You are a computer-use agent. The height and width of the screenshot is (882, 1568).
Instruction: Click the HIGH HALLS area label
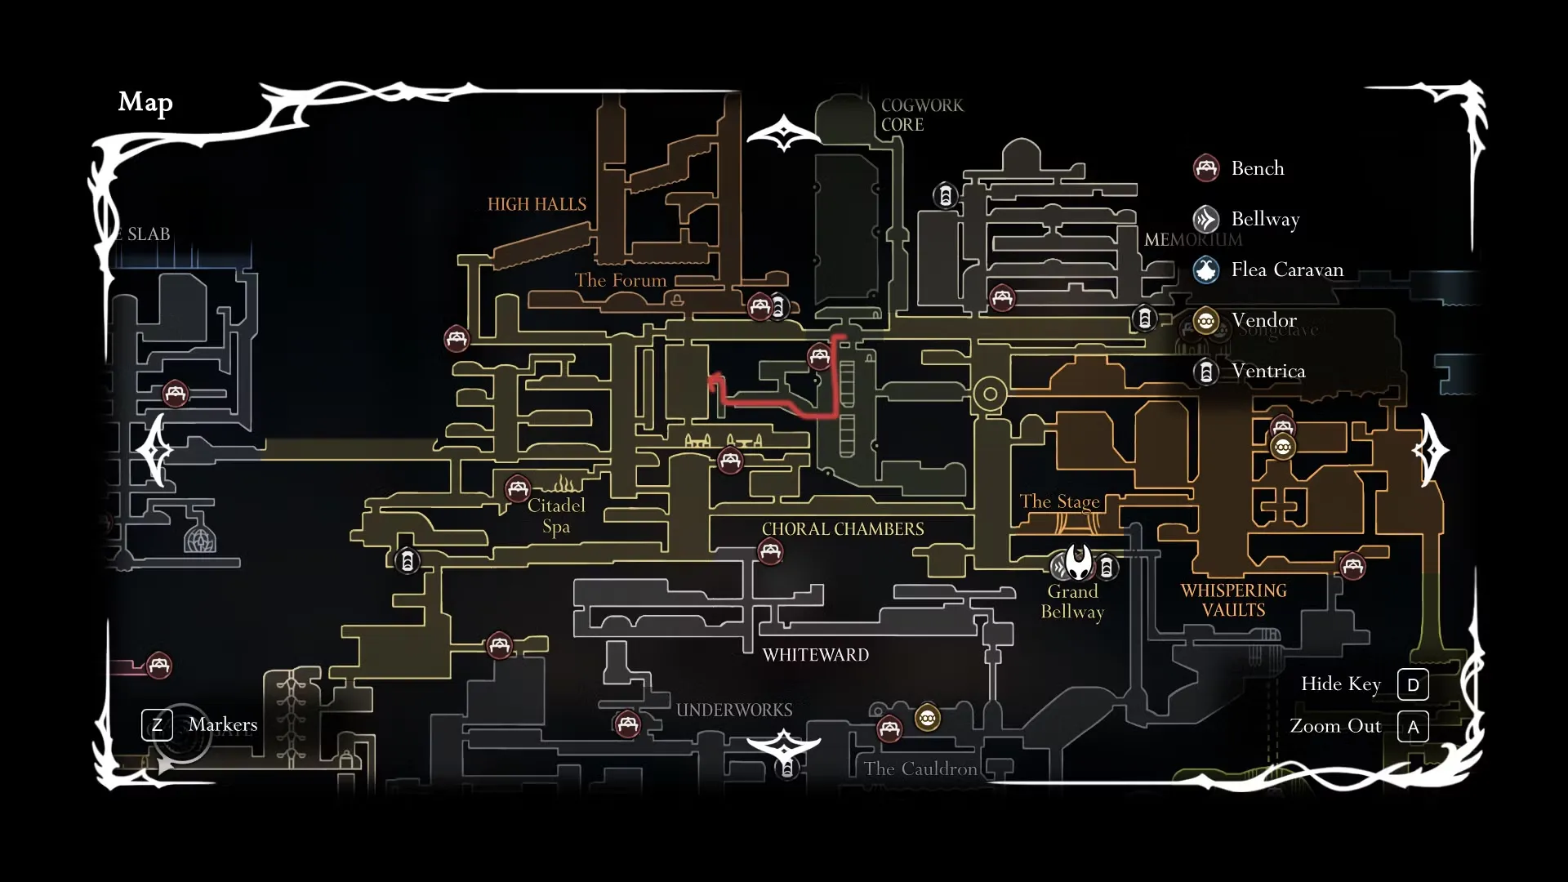537,204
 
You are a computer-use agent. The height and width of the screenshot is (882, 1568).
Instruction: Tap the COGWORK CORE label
921,115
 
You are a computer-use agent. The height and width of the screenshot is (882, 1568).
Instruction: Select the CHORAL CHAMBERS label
843,529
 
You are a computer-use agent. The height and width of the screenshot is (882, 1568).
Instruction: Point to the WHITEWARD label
815,655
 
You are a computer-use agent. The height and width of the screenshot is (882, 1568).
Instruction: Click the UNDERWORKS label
734,710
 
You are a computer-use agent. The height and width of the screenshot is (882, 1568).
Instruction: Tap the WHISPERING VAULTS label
1233,600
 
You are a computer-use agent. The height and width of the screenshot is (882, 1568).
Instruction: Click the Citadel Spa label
556,515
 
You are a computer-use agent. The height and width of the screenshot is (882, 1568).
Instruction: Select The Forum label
620,280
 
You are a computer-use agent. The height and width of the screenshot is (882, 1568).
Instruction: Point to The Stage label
1059,501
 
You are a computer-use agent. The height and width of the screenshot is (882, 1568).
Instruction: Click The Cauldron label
920,768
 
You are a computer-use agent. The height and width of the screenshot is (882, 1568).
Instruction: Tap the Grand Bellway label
1072,602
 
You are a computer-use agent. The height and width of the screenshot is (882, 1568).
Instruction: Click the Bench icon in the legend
1206,168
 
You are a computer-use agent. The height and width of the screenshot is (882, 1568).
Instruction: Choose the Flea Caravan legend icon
1206,269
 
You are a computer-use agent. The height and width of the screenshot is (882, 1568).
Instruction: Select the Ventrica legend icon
1206,372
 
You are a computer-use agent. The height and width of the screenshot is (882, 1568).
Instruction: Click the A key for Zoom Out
1413,726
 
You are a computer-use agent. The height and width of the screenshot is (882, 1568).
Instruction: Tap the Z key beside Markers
157,724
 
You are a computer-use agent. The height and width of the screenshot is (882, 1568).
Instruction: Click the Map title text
145,102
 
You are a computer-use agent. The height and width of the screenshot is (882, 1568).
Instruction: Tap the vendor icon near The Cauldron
927,719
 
